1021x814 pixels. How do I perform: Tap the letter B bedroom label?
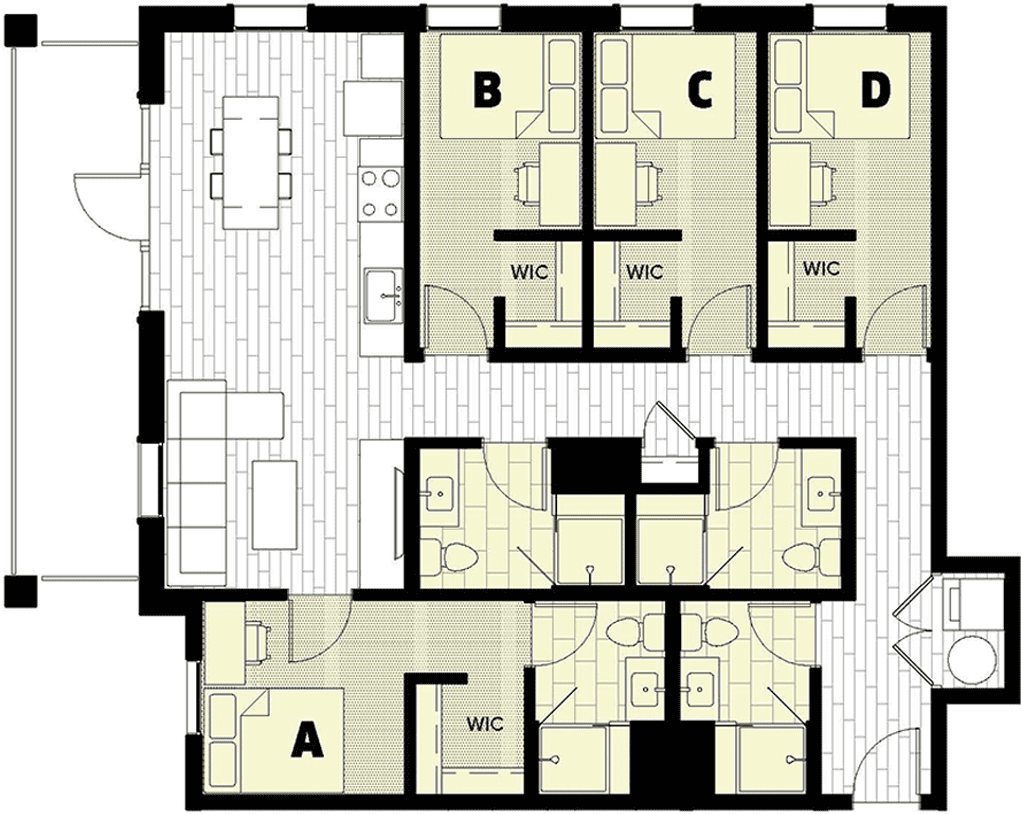point(486,90)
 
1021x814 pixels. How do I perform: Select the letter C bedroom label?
point(699,90)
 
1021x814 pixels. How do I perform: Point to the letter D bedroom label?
point(875,90)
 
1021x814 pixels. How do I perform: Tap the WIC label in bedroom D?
point(821,269)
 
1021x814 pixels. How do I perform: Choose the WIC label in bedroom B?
point(530,271)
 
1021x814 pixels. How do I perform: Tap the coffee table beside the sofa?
point(275,504)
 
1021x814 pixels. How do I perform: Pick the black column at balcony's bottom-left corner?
point(20,592)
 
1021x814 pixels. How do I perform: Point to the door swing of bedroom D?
point(893,316)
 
